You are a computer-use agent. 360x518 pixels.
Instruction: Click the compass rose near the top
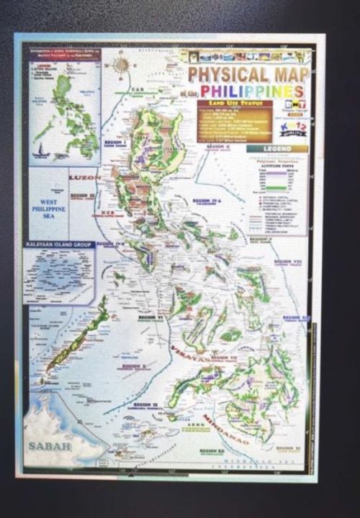122,66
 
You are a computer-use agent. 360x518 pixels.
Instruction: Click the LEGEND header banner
277,149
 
